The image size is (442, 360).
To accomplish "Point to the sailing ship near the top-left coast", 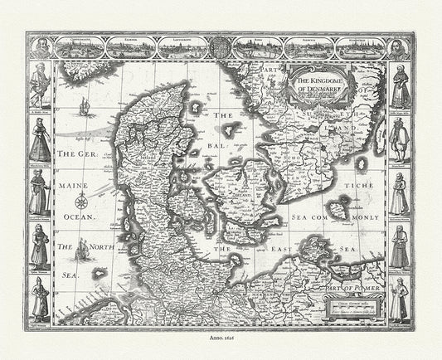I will click(x=82, y=105).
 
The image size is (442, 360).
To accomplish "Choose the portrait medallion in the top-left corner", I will click(x=38, y=46).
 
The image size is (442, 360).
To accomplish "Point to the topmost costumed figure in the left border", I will click(x=39, y=87).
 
